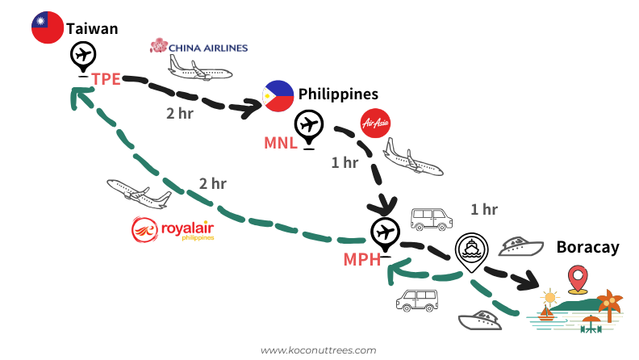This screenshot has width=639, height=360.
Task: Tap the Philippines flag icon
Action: (x=278, y=96)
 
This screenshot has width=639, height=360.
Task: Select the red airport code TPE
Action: (x=106, y=78)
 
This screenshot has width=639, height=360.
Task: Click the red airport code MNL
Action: (x=281, y=143)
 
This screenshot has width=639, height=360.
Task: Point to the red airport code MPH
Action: (x=361, y=260)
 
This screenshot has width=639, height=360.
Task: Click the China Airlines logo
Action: (x=198, y=46)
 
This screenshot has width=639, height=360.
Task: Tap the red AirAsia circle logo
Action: (x=374, y=123)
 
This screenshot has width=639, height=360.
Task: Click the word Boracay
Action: (x=587, y=247)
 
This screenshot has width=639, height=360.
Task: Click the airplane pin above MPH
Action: (x=386, y=235)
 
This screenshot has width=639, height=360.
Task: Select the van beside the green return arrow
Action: (x=416, y=300)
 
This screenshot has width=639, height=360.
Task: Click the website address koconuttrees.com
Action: (x=319, y=350)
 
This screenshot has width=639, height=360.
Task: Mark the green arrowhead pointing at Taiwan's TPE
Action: (x=79, y=98)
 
